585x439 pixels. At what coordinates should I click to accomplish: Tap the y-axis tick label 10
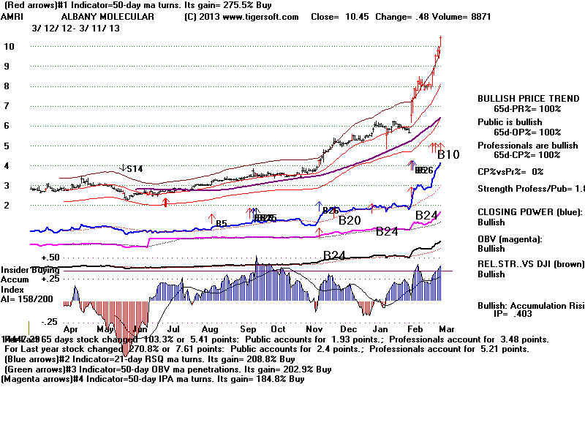coord(10,46)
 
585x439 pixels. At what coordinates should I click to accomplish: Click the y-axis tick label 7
coord(7,106)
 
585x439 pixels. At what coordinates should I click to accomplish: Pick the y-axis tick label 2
coord(7,206)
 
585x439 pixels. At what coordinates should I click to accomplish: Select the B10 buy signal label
coord(448,155)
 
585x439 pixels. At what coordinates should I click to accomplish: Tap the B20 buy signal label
coord(350,219)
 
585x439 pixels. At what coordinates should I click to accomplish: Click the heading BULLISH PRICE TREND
coord(519,99)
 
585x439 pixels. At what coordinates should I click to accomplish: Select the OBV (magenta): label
coord(510,239)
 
